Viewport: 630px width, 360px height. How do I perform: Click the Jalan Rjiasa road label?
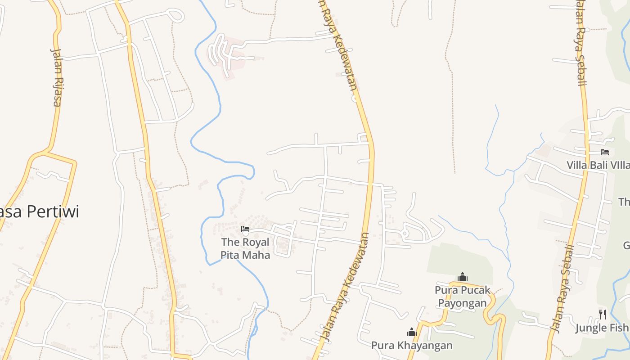click(56, 77)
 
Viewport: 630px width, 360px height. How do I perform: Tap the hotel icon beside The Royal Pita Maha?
click(245, 229)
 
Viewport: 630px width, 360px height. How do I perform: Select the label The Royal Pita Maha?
click(245, 248)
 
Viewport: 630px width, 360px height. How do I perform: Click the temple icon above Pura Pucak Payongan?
click(463, 277)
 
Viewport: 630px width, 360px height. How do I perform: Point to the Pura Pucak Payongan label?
click(463, 297)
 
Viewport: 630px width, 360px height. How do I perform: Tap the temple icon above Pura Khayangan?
click(412, 333)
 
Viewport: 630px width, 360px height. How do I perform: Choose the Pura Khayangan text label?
click(412, 346)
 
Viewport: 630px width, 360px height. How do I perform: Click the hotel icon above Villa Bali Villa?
click(604, 152)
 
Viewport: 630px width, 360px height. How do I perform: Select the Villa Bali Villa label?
click(598, 165)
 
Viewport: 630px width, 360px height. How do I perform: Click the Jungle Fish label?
click(602, 328)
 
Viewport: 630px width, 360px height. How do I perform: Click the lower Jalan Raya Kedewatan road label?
click(346, 288)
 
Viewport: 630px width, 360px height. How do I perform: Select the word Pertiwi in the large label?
click(52, 211)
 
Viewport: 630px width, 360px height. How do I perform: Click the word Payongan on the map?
click(463, 303)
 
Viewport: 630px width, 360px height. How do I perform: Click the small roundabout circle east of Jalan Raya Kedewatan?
click(404, 234)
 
